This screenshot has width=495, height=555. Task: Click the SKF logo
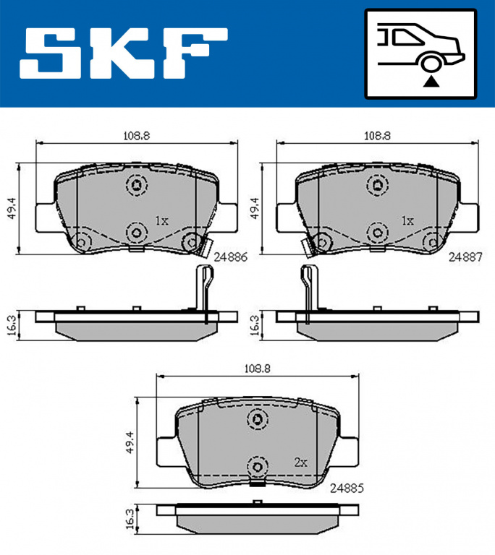coord(124,53)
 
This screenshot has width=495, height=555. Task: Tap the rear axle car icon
coord(420,53)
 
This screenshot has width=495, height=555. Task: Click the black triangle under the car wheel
coord(431,82)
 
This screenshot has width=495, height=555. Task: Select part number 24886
coord(230,257)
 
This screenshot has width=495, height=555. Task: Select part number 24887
coord(465,257)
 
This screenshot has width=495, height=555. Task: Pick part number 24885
coord(347,489)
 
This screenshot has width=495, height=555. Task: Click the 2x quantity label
coord(300,462)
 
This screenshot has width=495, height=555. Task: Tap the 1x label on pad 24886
coord(161,221)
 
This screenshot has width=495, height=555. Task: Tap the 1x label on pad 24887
coord(407,221)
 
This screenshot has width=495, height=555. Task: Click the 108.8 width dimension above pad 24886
coord(137,136)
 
